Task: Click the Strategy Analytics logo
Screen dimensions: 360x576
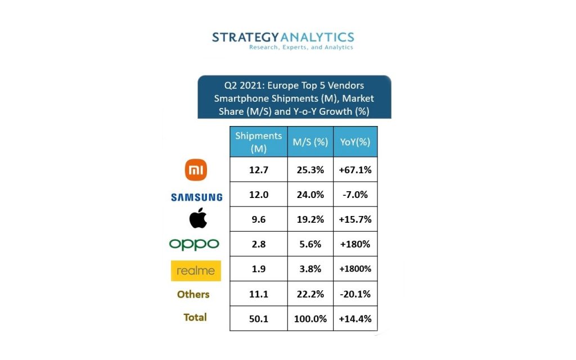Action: point(283,40)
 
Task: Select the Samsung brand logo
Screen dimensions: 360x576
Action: point(196,197)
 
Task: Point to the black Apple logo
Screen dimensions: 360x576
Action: point(197,218)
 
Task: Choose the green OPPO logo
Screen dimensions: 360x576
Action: point(194,244)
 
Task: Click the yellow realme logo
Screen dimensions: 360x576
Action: point(196,271)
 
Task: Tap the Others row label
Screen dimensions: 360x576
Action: point(193,294)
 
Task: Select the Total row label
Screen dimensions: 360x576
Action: point(195,317)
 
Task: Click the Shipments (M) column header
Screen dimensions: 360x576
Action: point(258,142)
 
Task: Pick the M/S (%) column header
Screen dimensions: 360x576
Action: point(310,142)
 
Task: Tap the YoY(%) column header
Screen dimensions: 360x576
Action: point(355,142)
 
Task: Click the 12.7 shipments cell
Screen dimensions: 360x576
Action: point(258,170)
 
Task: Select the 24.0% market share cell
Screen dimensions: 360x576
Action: point(310,195)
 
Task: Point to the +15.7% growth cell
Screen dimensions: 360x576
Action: point(355,219)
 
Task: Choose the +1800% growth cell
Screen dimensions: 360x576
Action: point(355,269)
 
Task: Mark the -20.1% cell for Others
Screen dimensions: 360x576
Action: point(355,294)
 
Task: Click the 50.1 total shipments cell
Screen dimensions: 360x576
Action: point(258,318)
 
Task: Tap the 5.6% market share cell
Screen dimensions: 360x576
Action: point(310,244)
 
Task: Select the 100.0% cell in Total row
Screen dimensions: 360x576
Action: point(310,318)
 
